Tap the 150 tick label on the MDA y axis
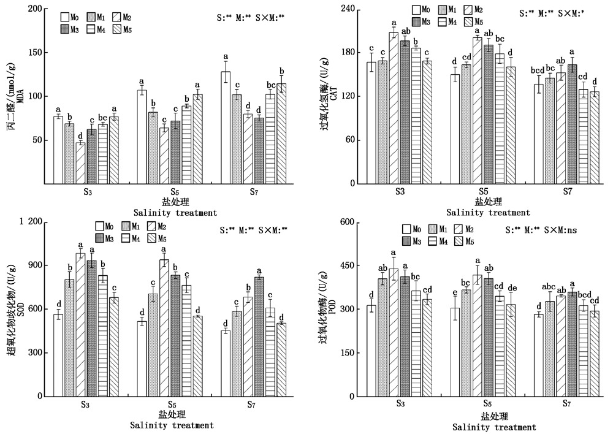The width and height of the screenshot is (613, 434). coord(37,53)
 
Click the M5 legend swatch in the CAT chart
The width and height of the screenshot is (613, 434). coord(470,21)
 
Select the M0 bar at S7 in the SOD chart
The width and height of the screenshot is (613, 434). coord(226,364)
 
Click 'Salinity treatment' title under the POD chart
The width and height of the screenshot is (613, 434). coord(494,427)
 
